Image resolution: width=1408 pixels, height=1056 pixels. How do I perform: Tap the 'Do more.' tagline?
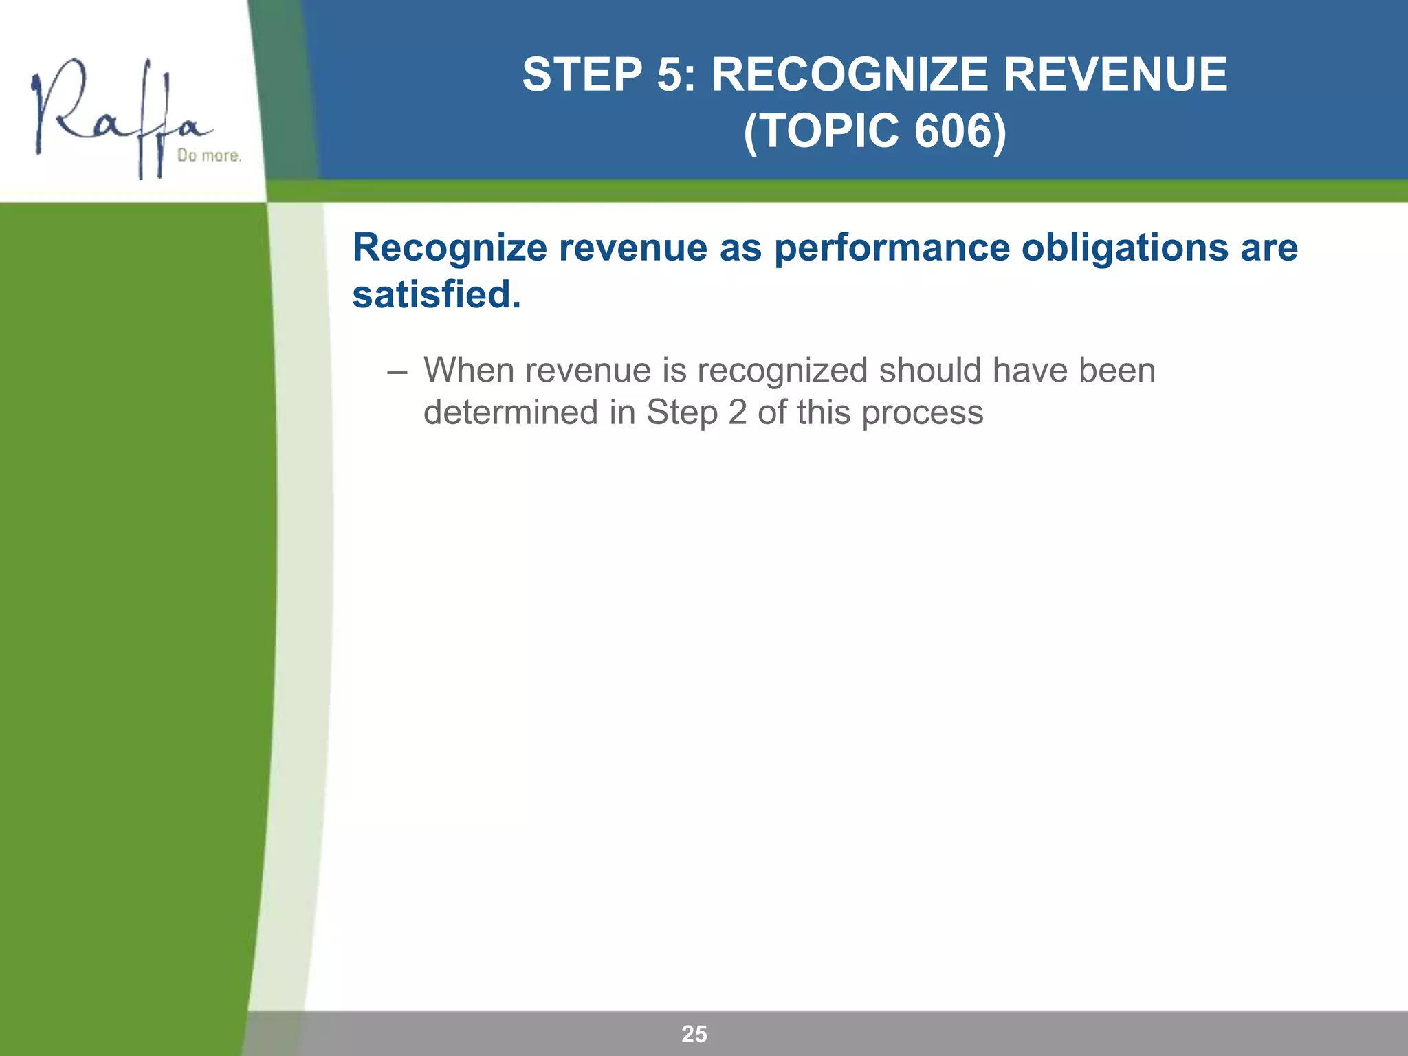point(209,156)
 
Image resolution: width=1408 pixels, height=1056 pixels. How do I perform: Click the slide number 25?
point(694,1034)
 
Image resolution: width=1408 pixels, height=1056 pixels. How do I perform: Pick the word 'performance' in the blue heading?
point(892,249)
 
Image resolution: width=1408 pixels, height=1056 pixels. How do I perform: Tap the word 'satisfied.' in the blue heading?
point(437,294)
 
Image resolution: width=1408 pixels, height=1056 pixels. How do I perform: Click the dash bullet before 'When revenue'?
point(397,372)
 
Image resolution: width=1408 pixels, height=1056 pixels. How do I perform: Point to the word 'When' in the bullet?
point(468,371)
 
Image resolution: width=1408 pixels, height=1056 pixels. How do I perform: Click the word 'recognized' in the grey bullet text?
point(782,372)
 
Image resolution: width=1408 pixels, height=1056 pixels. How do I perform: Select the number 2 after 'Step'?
point(737,413)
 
